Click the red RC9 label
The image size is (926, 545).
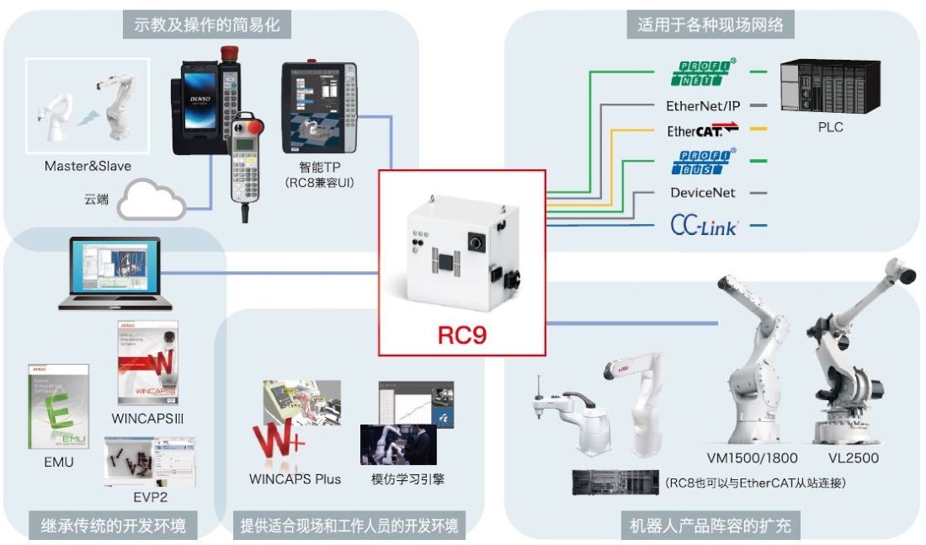(462, 334)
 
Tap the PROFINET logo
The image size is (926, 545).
(703, 72)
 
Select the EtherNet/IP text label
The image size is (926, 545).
(702, 106)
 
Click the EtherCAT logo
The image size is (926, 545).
(702, 130)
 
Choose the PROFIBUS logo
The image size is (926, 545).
(703, 161)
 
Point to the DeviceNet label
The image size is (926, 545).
(702, 193)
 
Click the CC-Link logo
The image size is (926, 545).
(704, 225)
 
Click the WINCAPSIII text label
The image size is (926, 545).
(148, 418)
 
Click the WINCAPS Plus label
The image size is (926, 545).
(295, 479)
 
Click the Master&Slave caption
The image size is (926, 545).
(88, 166)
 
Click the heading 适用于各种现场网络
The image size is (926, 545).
(705, 25)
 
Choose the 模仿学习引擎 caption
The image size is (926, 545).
(407, 479)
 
